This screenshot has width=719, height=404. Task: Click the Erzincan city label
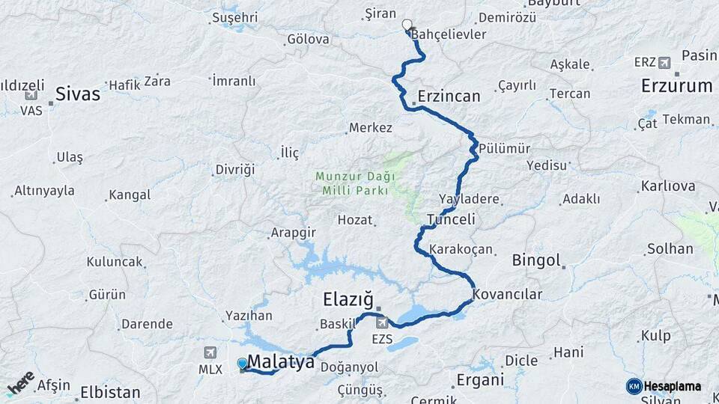pos(449,97)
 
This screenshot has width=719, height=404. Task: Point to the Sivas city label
pos(78,94)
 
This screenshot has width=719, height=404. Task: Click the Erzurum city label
pos(676,86)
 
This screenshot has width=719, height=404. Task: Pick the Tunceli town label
pos(451,220)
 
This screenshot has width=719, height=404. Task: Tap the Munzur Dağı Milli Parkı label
pos(352,183)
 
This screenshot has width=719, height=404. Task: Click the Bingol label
pos(536,260)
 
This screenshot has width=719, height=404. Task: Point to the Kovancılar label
pos(508,295)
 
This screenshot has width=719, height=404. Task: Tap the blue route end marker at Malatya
pos(242,364)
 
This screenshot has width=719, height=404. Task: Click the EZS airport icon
pos(383,322)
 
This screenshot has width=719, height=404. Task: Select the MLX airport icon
pos(210,352)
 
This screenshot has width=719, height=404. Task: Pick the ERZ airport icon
pos(664,62)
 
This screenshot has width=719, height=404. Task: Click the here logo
pos(20,383)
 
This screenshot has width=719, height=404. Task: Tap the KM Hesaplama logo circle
pos(634,386)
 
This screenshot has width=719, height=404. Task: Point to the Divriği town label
pos(234,170)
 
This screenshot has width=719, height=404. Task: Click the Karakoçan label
pos(461,248)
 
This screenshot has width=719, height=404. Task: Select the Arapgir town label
pos(292,233)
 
